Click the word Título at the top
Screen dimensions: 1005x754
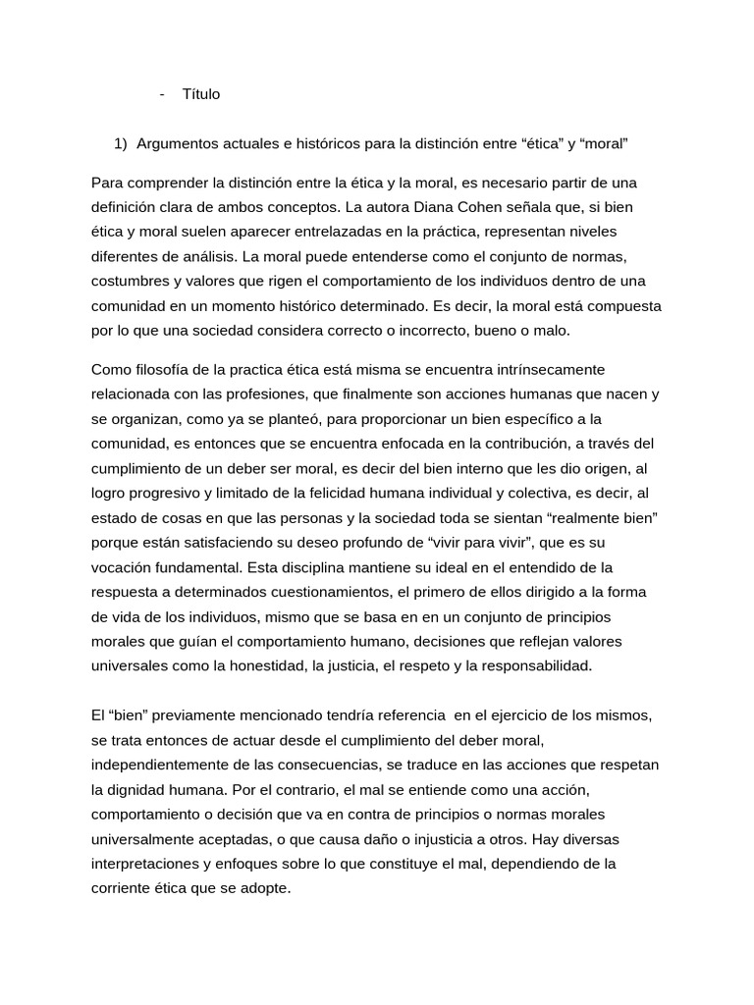[x=201, y=94]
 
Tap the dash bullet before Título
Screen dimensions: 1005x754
[x=160, y=94]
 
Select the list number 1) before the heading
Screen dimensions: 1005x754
[x=121, y=144]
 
